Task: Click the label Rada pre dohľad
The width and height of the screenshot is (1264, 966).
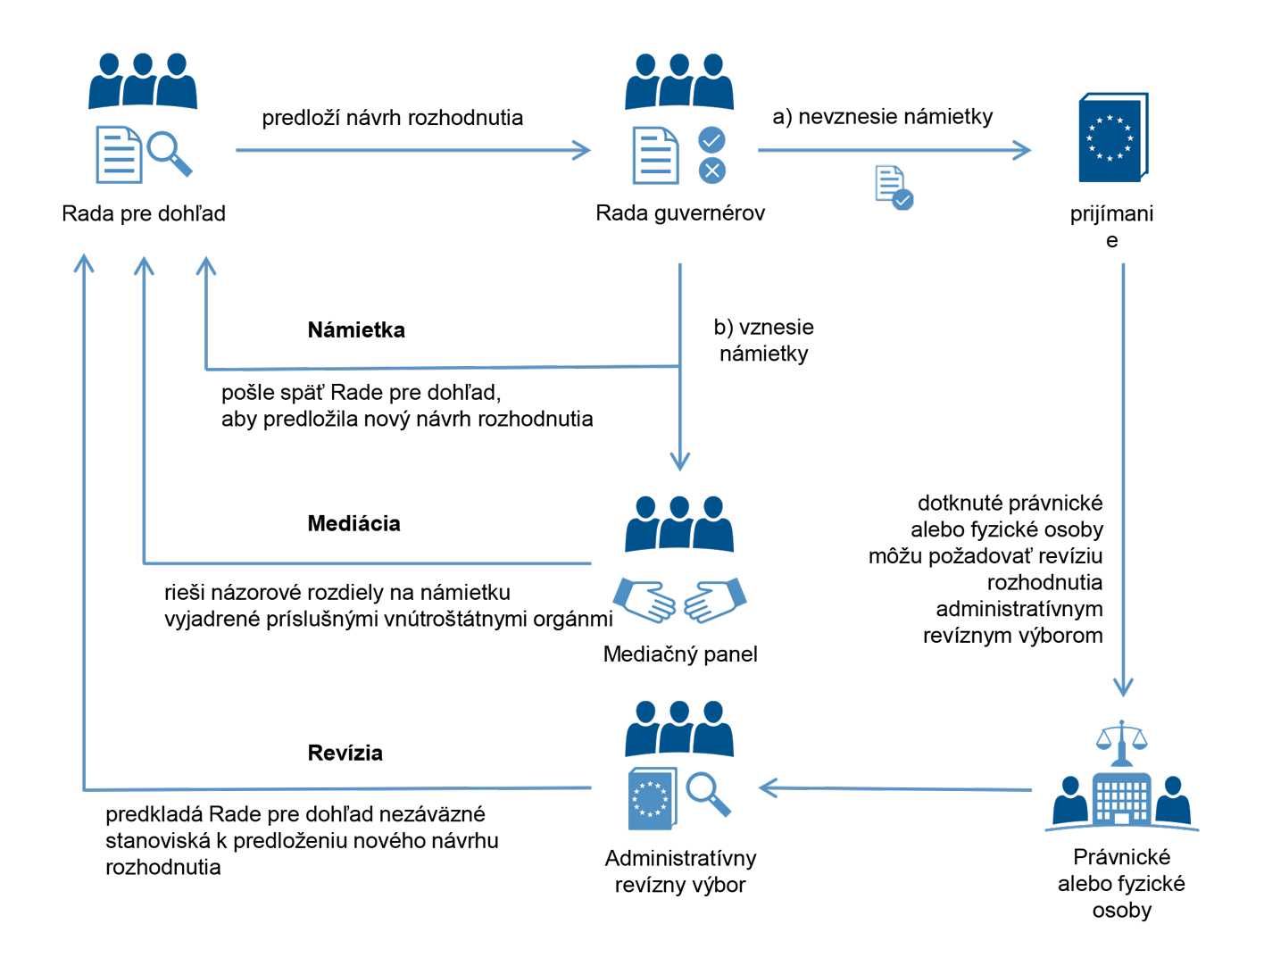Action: [144, 214]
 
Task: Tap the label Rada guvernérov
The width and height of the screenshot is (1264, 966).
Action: [680, 213]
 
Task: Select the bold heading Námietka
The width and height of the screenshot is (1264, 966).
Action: [356, 330]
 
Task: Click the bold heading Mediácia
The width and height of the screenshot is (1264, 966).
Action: [353, 524]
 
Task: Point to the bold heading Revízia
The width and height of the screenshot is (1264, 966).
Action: [345, 754]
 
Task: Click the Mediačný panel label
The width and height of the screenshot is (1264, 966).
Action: [680, 654]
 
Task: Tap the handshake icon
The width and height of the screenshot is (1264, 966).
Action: [680, 600]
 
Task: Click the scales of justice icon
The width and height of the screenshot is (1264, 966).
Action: [1121, 739]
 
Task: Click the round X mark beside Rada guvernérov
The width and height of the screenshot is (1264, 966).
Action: [711, 171]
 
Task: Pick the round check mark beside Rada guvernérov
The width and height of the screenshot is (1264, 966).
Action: [711, 139]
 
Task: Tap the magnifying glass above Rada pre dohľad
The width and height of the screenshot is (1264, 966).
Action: [169, 153]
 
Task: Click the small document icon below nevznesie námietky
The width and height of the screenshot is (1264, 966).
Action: [893, 187]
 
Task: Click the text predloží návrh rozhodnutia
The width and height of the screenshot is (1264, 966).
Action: [392, 118]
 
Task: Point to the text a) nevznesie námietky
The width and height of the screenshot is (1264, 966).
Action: [882, 117]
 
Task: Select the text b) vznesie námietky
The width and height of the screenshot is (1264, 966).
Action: [763, 340]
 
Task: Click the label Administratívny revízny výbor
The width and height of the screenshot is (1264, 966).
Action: [680, 871]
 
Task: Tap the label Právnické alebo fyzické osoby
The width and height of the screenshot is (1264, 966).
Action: [1121, 884]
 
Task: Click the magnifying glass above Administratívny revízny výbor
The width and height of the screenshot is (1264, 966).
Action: [708, 794]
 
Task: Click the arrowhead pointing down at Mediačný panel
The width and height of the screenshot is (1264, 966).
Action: [680, 461]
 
